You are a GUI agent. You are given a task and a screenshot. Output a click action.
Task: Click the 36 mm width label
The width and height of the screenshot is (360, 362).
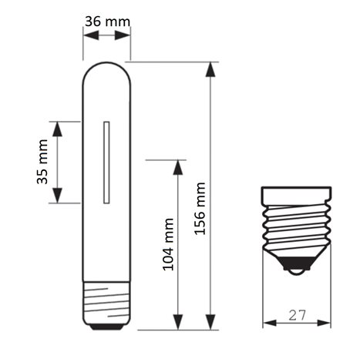(107, 22)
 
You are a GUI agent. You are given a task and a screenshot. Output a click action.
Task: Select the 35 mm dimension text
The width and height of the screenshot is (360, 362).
(42, 162)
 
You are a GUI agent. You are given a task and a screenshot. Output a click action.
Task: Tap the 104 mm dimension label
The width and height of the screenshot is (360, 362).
(169, 244)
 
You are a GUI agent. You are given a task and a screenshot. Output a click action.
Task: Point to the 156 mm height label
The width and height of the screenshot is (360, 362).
(200, 209)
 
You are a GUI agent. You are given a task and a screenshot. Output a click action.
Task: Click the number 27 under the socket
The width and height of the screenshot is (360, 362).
(298, 315)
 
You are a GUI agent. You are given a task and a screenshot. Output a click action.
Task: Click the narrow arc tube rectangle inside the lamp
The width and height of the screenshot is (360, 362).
(106, 163)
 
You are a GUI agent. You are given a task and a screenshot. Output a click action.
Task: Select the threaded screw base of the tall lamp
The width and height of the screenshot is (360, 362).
(106, 303)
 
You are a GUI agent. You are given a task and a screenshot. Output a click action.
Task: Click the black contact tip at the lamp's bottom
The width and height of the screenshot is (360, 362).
(106, 327)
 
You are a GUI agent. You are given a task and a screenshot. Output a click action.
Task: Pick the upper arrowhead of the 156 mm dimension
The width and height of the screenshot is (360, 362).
(210, 69)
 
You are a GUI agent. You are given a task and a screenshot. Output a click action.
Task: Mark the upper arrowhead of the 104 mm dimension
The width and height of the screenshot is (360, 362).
(178, 167)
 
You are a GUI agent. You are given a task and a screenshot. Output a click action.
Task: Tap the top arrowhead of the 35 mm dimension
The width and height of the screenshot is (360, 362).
(57, 129)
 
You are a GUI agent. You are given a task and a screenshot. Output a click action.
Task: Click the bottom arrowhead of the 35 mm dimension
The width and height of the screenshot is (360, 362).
(57, 196)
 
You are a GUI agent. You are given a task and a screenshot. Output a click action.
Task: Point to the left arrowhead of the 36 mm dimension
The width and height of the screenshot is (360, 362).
(91, 35)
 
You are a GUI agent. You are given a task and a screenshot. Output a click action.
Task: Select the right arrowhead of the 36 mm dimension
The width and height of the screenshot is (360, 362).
(123, 35)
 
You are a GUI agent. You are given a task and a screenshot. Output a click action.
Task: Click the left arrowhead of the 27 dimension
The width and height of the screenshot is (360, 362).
(270, 323)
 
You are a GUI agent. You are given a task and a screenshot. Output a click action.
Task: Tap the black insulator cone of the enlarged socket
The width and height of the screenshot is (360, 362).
(297, 263)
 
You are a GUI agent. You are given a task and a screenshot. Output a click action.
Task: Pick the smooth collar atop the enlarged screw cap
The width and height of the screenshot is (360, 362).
(296, 196)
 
